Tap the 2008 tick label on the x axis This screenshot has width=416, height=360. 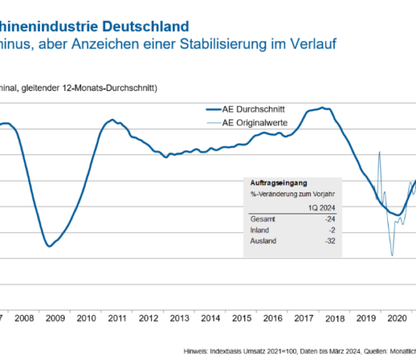click(25, 319)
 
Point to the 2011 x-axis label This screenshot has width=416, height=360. click(118, 319)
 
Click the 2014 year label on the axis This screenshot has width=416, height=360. click(210, 319)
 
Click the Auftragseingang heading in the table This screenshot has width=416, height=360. click(273, 180)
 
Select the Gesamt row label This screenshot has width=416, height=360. click(263, 219)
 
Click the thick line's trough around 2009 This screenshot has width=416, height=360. click(49, 246)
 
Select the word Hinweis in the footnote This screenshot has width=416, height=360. click(199, 351)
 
